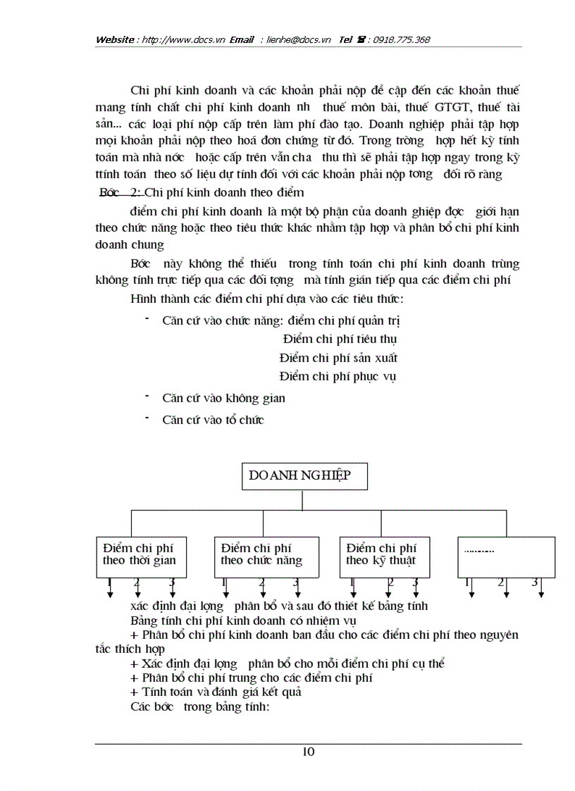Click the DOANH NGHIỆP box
tap(302, 477)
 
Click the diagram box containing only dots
tap(506, 556)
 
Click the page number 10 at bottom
tap(308, 752)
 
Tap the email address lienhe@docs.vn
tap(299, 39)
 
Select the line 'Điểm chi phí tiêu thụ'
tap(340, 339)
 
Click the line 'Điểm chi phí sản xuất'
tap(338, 358)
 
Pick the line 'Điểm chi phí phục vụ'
tap(338, 377)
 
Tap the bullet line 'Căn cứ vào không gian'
tap(223, 399)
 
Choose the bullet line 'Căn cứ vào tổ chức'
tap(213, 421)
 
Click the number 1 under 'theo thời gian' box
tap(110, 583)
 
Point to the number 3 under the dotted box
tap(534, 583)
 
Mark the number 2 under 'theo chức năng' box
tap(261, 583)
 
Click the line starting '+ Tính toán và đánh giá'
tap(216, 692)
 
